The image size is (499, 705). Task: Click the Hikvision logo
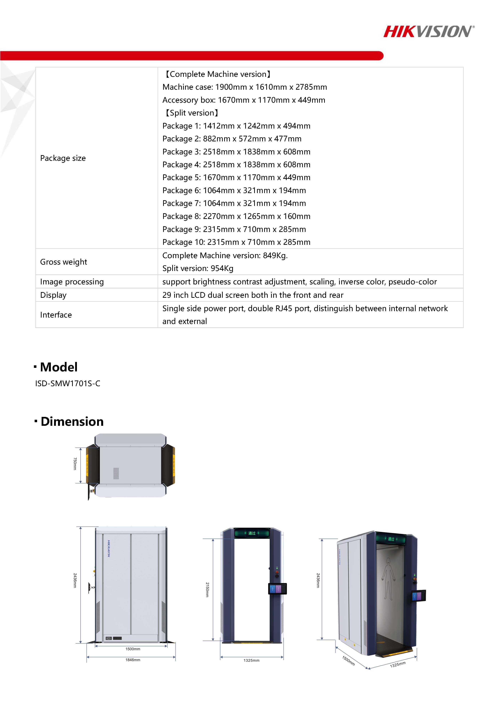(x=429, y=32)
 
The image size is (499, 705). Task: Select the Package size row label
(x=63, y=158)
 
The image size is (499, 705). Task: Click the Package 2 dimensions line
(x=232, y=139)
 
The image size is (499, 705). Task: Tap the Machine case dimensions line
(x=245, y=87)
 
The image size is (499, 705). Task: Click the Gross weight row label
(x=64, y=262)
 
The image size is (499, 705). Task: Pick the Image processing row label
(x=72, y=282)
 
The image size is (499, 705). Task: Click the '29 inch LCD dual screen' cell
(x=253, y=295)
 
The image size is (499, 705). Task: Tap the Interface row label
(x=56, y=315)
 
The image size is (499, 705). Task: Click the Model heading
(x=59, y=367)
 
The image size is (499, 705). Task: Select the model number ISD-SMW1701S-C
(x=68, y=384)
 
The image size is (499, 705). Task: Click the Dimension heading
(x=72, y=422)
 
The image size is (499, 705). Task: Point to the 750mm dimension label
(x=75, y=464)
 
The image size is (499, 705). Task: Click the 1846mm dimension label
(x=133, y=660)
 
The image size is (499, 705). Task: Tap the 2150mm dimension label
(x=207, y=589)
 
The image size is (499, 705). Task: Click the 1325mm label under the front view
(x=251, y=660)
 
